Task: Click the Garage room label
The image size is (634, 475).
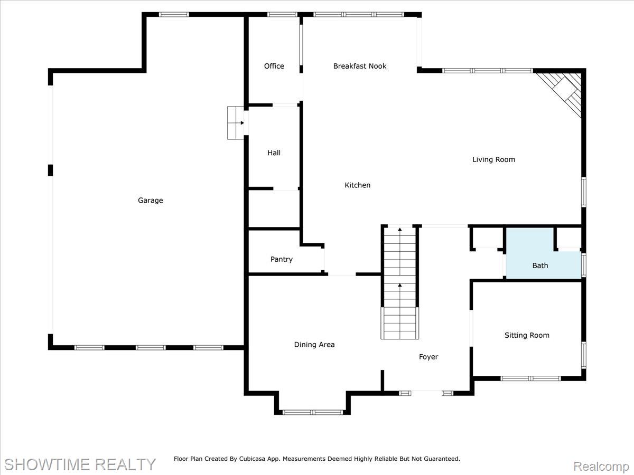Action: coord(151,201)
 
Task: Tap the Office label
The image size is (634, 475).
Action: coord(274,66)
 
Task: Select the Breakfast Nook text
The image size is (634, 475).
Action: coord(359,66)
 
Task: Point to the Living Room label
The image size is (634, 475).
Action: coord(493,159)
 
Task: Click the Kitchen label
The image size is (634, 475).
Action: coord(358,185)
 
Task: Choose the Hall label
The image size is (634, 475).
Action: coord(274,153)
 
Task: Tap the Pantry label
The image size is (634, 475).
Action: coord(281,260)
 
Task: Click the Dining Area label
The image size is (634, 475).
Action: coord(314,345)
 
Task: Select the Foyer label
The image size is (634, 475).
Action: coord(428,357)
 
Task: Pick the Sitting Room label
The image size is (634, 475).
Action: coord(527,336)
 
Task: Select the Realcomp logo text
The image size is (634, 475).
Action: coord(601,467)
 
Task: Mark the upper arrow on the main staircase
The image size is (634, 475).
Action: coord(400,230)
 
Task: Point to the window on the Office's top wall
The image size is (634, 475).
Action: coord(282,14)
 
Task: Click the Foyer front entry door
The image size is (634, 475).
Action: coord(426,392)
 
